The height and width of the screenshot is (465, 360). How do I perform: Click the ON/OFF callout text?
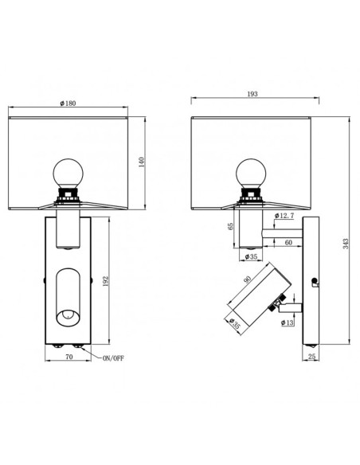[x=112, y=360]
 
